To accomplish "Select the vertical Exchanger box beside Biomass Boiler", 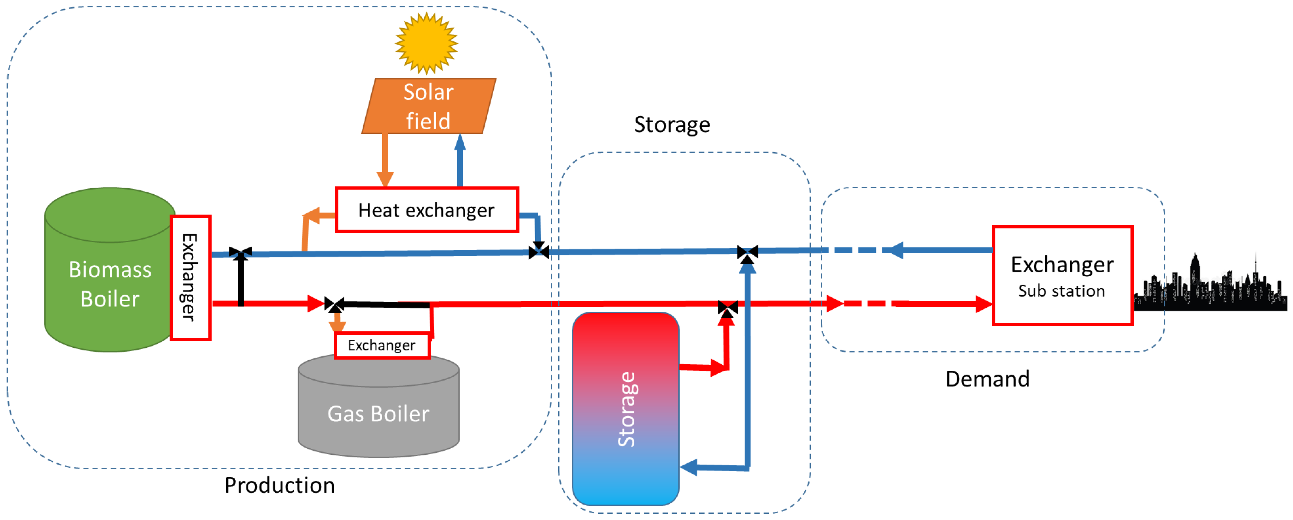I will coord(190,277).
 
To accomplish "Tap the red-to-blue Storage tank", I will coord(625,408).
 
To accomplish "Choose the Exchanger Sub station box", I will coord(1062,276).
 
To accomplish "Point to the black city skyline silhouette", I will coord(1210,288).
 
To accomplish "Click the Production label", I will coord(279,485).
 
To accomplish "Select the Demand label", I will coord(987,378).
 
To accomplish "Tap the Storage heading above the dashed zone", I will coord(672,124).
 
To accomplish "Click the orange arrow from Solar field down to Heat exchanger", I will coord(385,160).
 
